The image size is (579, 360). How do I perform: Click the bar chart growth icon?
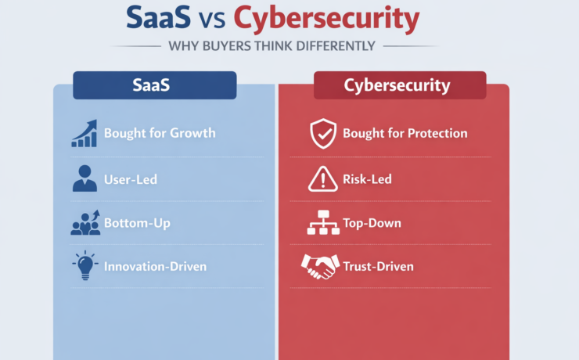(85, 133)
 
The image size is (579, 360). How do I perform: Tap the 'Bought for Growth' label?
(160, 133)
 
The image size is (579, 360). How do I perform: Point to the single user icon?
(85, 179)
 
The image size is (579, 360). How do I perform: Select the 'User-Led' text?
(131, 179)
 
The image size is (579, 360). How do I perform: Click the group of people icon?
(85, 223)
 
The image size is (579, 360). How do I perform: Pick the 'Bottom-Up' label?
(137, 223)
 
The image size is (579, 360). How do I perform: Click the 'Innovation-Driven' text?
(155, 266)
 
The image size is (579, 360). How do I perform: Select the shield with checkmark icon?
(322, 134)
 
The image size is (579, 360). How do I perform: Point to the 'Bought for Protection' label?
(405, 133)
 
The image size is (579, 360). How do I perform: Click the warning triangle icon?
(322, 179)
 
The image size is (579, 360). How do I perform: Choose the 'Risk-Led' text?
(367, 179)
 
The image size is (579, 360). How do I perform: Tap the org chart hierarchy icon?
(322, 224)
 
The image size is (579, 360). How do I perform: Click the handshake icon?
(319, 266)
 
